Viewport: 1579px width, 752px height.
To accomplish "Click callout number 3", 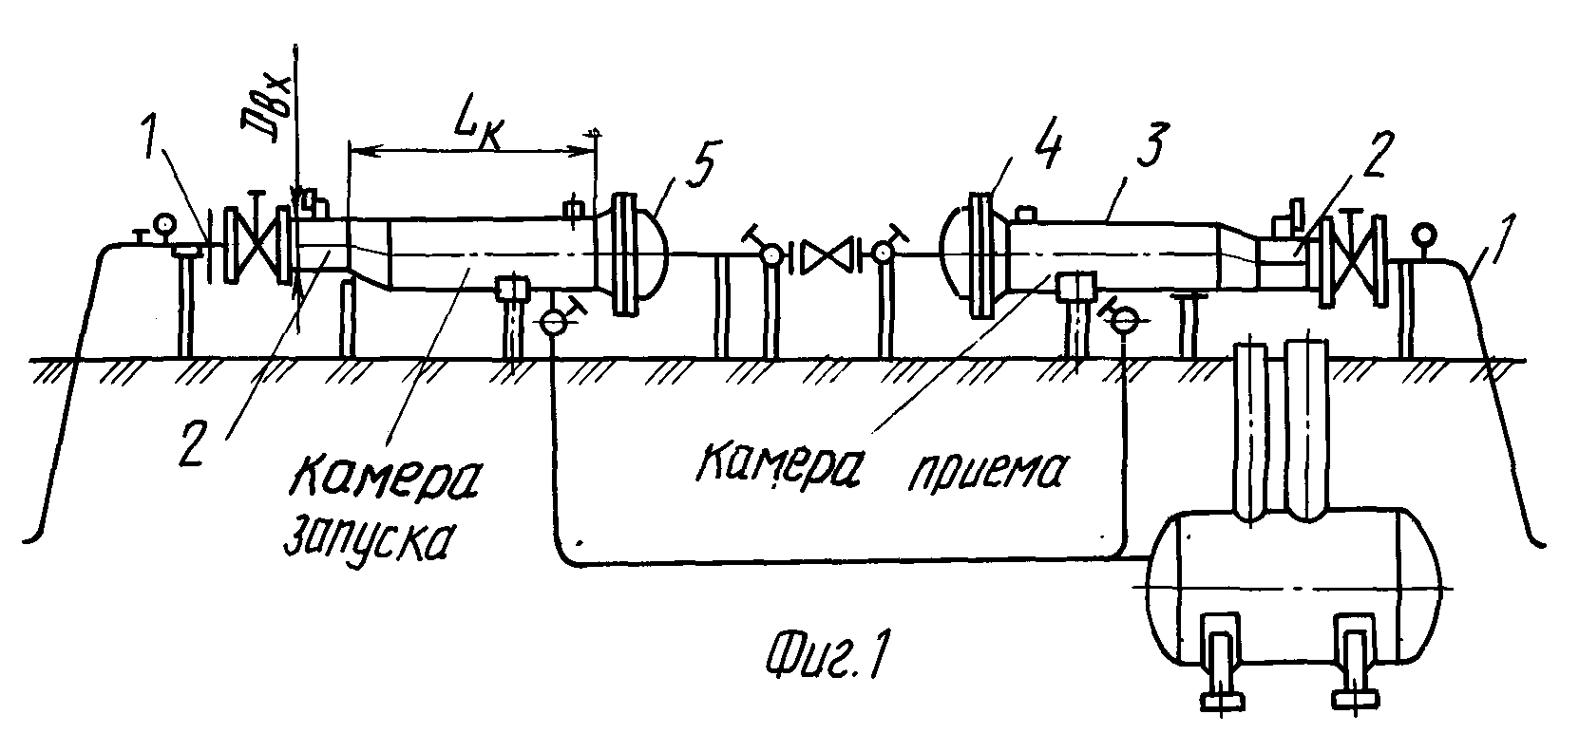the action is tap(1149, 143).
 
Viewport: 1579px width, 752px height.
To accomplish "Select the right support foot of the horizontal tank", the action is tap(1353, 660).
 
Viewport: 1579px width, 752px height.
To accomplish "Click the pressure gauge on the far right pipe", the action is tap(1425, 234).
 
